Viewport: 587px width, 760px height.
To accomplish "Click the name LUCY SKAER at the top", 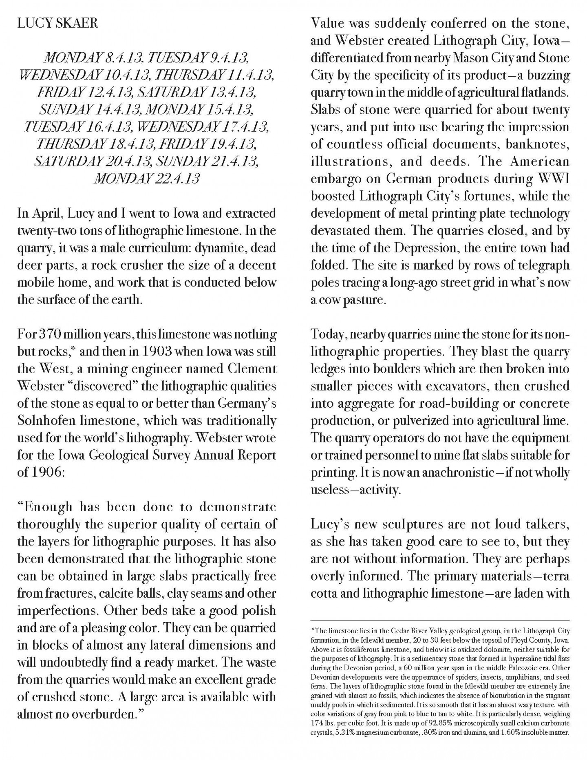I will (57, 24).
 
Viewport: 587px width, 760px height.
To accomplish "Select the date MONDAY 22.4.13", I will (147, 179).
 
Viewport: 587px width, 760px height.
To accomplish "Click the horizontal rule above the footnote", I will (440, 620).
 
